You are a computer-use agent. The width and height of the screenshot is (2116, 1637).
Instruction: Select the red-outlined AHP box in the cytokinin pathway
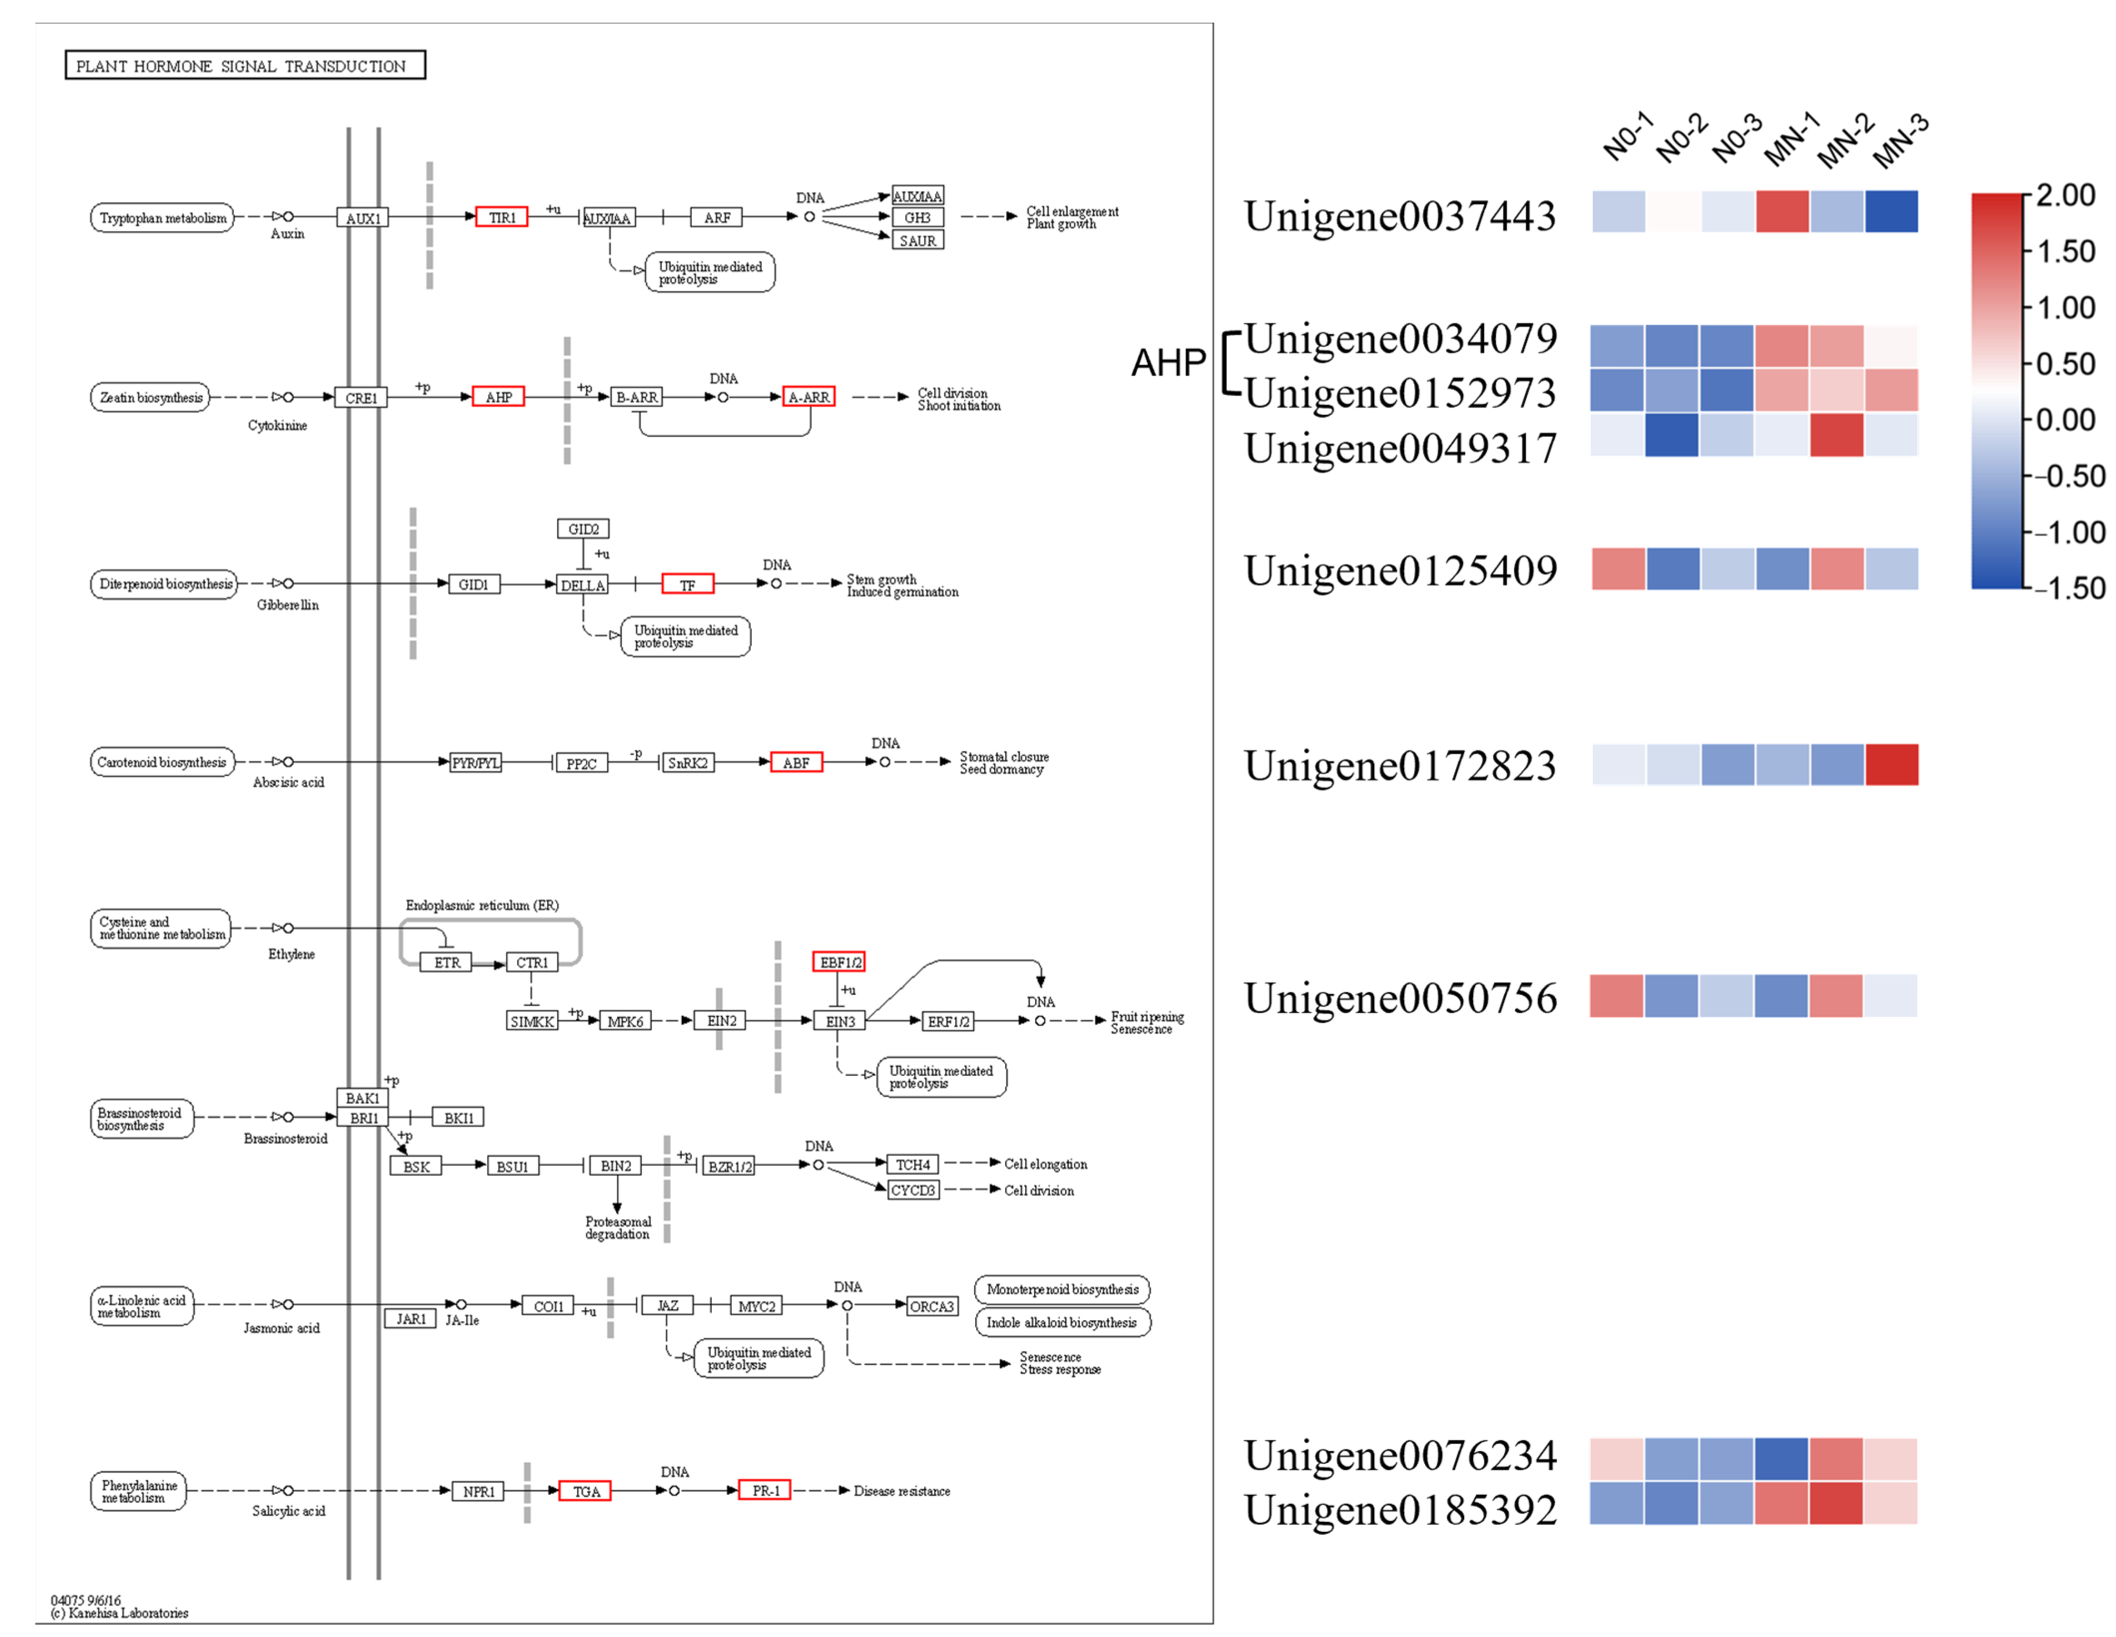498,397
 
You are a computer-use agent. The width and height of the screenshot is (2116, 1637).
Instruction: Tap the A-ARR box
808,397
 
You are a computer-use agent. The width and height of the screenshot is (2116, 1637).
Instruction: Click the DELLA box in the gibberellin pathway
582,585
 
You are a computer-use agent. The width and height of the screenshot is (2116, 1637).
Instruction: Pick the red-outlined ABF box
796,762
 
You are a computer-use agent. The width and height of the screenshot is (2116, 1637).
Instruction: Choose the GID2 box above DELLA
582,529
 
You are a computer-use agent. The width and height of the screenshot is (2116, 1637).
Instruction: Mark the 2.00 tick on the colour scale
2066,196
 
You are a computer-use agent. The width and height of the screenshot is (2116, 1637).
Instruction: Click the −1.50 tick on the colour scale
2069,588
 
